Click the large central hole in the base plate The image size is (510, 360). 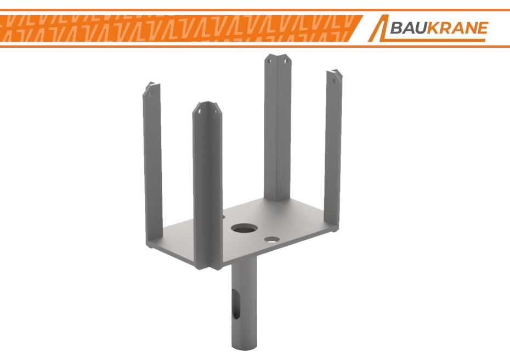(x=244, y=228)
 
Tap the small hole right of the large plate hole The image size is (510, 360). (x=272, y=240)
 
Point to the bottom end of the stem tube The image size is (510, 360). (x=245, y=347)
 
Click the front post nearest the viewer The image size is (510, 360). (x=207, y=185)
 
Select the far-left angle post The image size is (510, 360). (x=152, y=163)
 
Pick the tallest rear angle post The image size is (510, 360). (x=277, y=128)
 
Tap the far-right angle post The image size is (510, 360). (x=333, y=150)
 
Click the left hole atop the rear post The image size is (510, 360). (x=269, y=60)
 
